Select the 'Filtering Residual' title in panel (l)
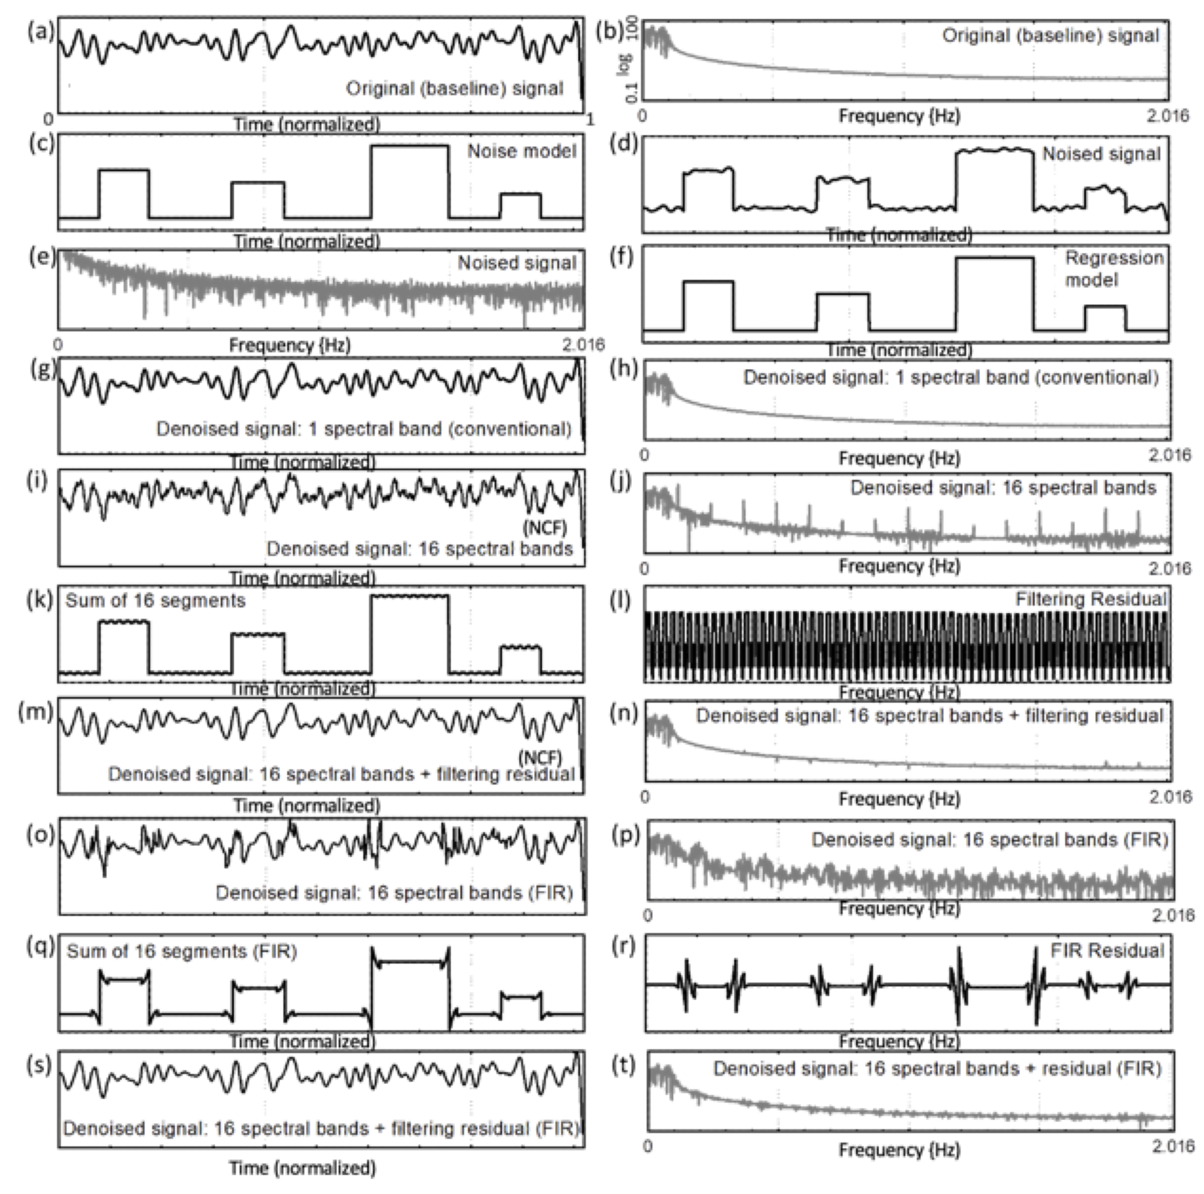[1091, 599]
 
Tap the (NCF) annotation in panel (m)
[540, 758]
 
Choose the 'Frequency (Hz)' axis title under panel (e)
[290, 345]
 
